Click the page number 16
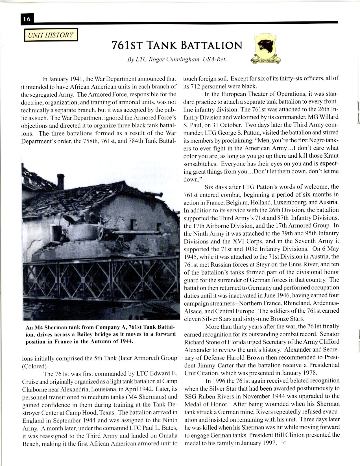[27, 19]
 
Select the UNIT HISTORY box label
[51, 35]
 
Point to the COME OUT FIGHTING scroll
[266, 61]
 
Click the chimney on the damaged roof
[61, 182]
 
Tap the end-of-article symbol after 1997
[284, 443]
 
